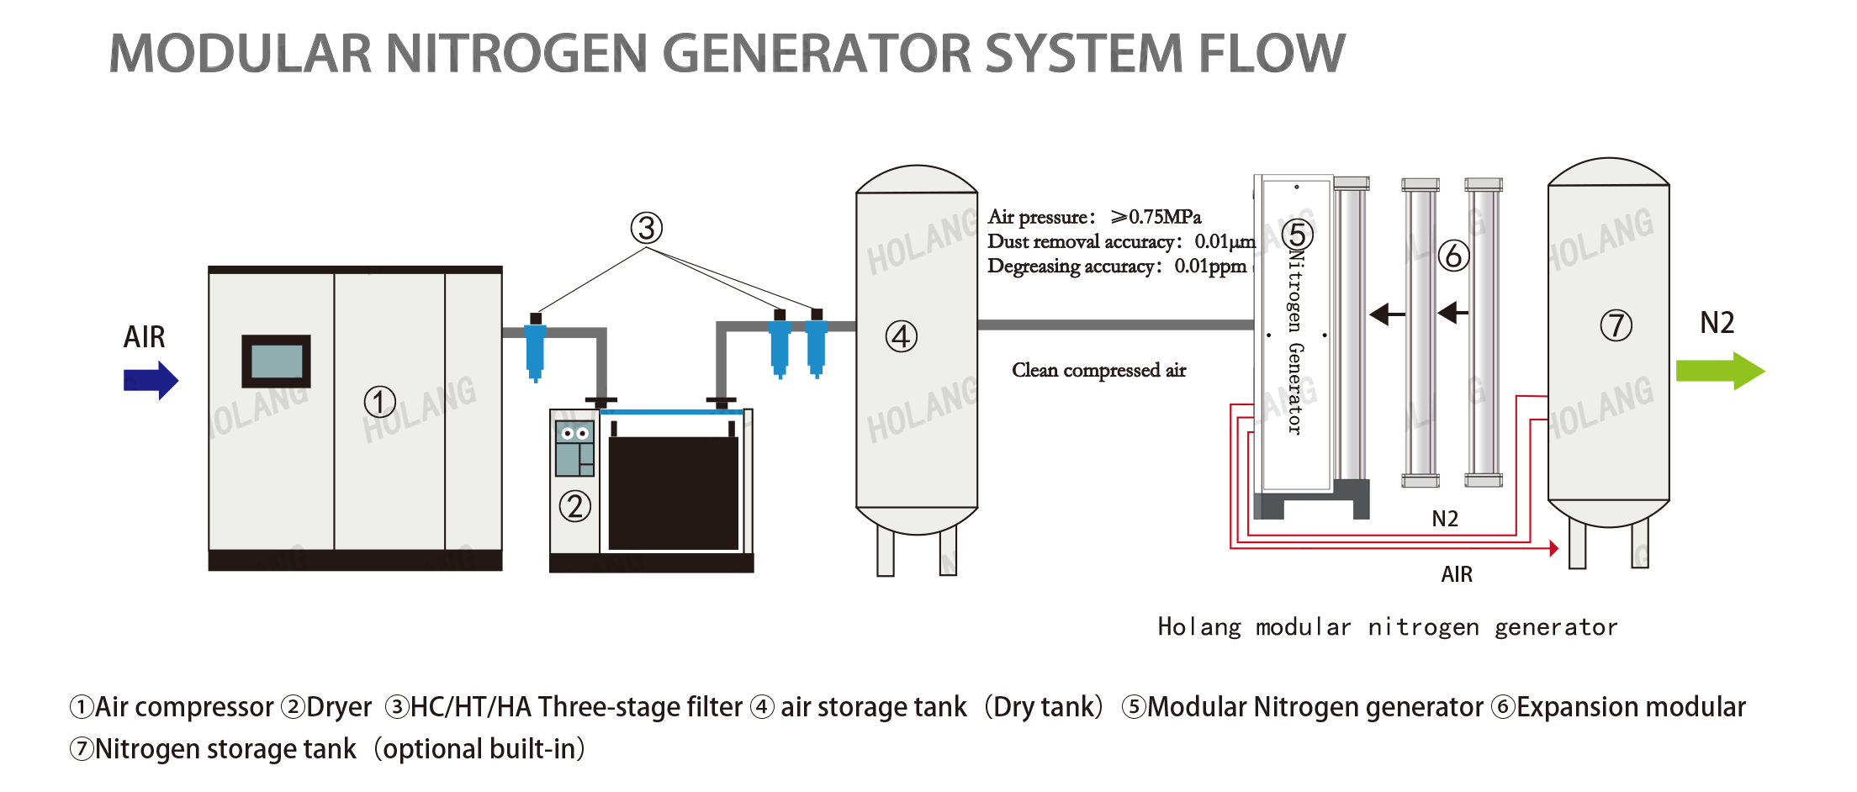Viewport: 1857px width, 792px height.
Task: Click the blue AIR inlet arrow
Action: (151, 380)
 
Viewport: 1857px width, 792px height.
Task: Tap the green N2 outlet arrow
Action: (1719, 371)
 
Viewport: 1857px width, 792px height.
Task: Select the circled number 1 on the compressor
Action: (379, 402)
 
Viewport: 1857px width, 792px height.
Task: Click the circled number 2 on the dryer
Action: (575, 506)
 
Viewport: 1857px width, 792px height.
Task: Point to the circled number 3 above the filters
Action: (647, 228)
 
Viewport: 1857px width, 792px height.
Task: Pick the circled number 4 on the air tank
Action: (901, 336)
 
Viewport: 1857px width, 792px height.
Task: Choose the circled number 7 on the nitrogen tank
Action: (1616, 325)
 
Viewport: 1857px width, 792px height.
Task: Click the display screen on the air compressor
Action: (276, 362)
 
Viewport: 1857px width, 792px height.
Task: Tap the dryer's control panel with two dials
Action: (575, 448)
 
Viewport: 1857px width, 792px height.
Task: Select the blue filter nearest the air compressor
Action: (535, 349)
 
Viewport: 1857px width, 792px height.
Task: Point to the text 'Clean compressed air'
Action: (1098, 370)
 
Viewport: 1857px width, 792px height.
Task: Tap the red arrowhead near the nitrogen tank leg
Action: (1554, 548)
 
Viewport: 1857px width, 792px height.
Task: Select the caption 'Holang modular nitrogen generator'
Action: (1387, 627)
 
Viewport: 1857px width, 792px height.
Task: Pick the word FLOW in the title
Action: (1272, 55)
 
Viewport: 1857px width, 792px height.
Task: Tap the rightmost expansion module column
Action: (1484, 332)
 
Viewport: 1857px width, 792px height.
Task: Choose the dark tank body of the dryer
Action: (673, 492)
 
